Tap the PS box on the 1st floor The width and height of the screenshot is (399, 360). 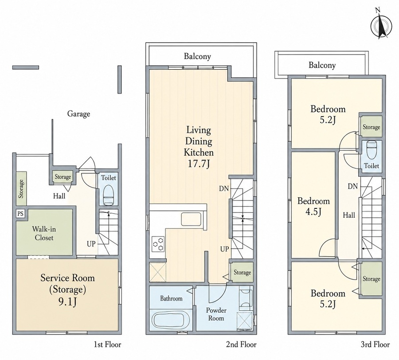20,213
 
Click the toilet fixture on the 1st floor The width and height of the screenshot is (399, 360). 109,196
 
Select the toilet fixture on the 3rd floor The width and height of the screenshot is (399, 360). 372,150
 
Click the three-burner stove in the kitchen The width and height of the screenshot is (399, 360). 158,244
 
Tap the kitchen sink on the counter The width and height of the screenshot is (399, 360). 192,219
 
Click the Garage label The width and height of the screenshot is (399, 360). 78,114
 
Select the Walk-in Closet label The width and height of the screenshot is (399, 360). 44,234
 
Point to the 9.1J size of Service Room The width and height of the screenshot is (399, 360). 67,301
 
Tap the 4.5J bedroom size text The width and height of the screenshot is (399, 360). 313,211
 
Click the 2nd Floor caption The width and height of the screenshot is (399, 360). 241,345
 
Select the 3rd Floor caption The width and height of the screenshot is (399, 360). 375,345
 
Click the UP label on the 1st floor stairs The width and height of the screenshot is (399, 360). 91,244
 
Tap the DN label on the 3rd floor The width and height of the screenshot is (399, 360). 353,187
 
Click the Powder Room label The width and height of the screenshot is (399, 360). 216,314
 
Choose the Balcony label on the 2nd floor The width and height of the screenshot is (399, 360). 197,56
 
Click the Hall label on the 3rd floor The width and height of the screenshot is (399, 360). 349,215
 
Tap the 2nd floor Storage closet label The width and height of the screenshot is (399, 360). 242,273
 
